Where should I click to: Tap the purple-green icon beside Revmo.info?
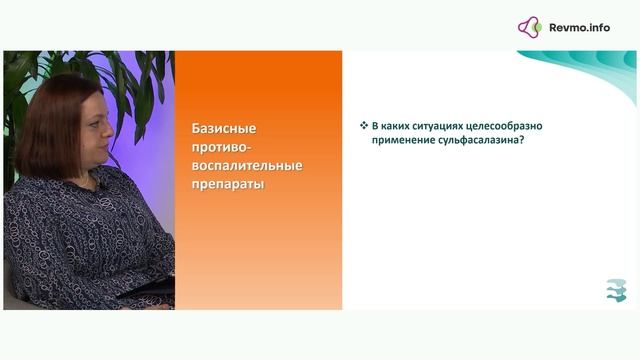[530, 27]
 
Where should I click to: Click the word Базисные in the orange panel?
[225, 129]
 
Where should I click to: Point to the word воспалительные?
[246, 166]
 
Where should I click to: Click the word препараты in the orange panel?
[228, 185]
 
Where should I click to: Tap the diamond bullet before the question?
[364, 127]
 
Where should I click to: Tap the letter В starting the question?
[375, 127]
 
